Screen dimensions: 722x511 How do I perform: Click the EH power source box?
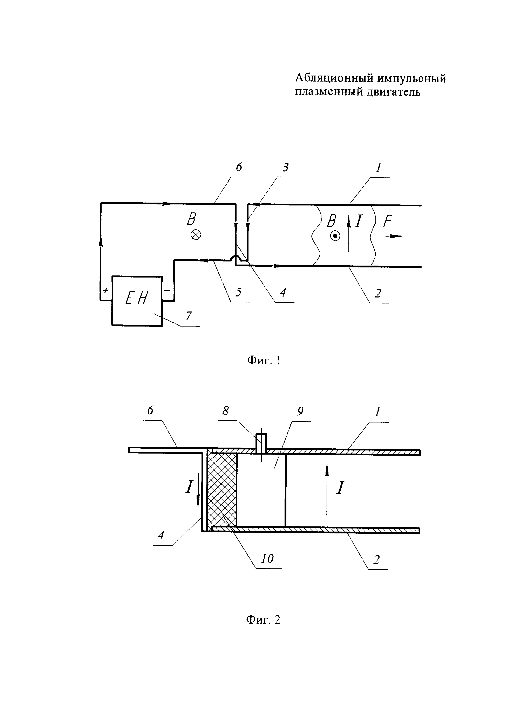[137, 301]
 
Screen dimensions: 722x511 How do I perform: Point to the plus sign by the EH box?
[106, 290]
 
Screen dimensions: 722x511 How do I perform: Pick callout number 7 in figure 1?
[189, 315]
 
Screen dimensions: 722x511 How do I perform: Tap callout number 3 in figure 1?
[285, 167]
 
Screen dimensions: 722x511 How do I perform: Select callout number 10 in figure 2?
[267, 559]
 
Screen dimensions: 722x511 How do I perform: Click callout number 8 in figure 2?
[225, 411]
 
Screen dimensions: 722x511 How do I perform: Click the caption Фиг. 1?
[264, 360]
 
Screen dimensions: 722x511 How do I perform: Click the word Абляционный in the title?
[334, 78]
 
